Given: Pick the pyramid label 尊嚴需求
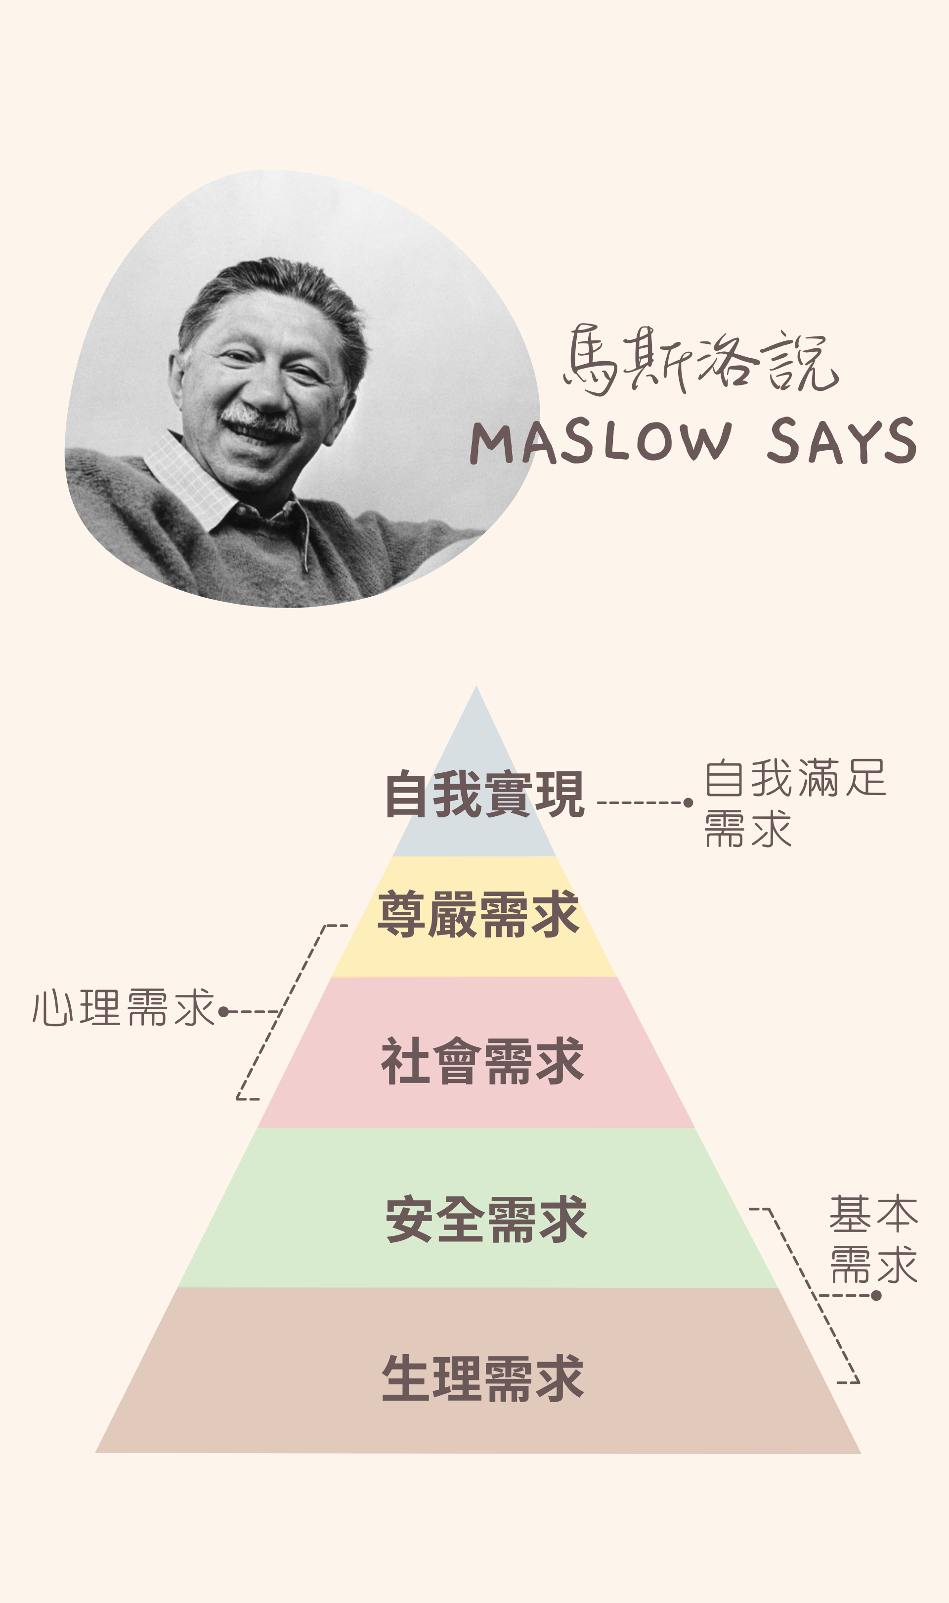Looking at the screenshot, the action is [x=479, y=914].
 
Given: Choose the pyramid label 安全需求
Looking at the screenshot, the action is [x=486, y=1219].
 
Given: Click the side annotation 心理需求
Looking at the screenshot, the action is [x=124, y=1007].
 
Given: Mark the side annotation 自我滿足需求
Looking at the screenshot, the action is [x=795, y=803].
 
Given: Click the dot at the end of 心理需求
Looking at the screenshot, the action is [x=223, y=1012].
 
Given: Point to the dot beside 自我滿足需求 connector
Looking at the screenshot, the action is [x=688, y=802].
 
